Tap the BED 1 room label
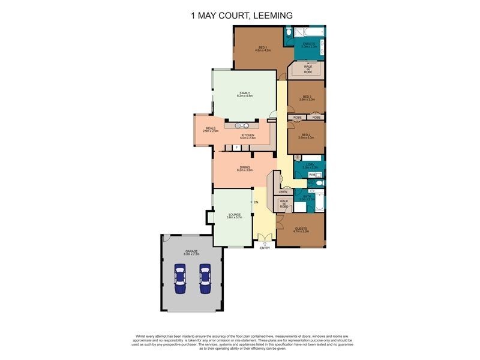click(x=262, y=49)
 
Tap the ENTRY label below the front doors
click(x=265, y=247)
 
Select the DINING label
click(x=245, y=168)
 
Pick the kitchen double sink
click(x=242, y=125)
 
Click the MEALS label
click(x=210, y=128)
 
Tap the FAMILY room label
click(x=245, y=94)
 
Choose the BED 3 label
click(x=307, y=98)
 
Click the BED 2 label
click(x=307, y=136)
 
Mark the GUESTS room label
click(x=301, y=229)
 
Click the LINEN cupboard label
click(x=283, y=191)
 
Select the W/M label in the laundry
click(x=311, y=175)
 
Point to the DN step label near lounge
click(x=256, y=202)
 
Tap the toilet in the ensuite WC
click(x=289, y=31)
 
